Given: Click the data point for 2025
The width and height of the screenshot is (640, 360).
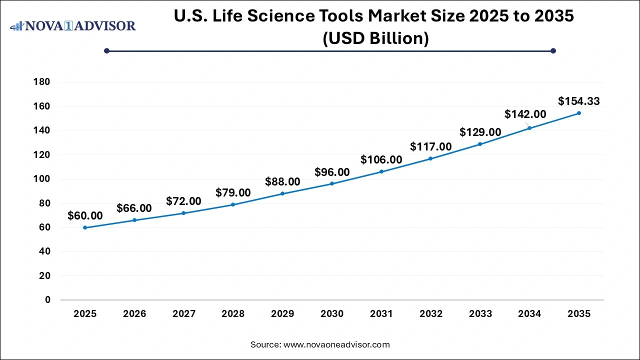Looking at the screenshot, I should tap(85, 227).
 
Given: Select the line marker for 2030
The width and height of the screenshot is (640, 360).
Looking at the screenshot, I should tap(332, 183).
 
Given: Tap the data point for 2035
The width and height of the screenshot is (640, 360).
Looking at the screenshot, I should tap(579, 113).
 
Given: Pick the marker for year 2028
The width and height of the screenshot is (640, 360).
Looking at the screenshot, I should tap(233, 204).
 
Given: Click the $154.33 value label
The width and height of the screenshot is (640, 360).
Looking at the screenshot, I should tap(579, 101).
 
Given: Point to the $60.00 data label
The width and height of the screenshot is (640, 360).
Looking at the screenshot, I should tap(85, 216).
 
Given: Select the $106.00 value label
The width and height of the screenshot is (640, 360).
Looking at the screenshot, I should tap(381, 160).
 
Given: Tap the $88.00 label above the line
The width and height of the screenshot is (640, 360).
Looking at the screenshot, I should tap(282, 181).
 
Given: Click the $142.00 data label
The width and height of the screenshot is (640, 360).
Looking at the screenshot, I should tap(525, 114).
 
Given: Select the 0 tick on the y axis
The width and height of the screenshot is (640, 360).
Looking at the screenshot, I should tap(47, 300).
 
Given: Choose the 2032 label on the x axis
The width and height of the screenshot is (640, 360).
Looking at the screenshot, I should tap(431, 314).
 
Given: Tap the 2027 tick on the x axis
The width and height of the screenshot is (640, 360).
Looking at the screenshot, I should tap(183, 314).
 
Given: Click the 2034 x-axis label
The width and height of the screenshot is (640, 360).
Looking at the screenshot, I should tap(529, 314).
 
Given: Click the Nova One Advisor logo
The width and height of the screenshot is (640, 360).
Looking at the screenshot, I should tap(73, 25).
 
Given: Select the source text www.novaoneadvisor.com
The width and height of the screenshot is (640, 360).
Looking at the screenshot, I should tap(336, 344).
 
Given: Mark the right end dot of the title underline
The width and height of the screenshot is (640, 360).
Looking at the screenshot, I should tap(553, 50).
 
